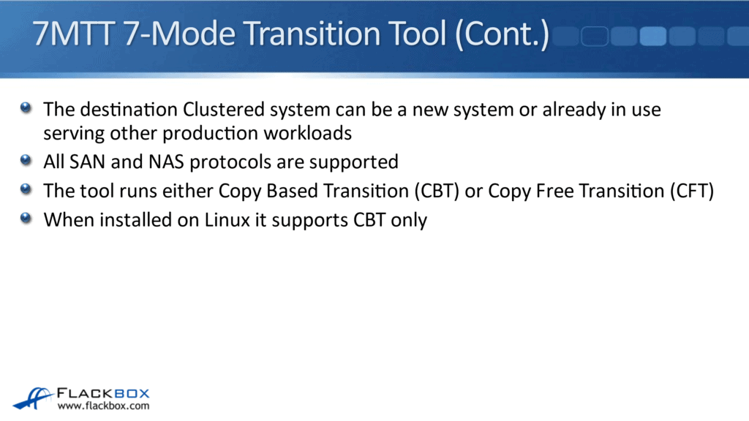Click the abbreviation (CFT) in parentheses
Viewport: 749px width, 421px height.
click(689, 191)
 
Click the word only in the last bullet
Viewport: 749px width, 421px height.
click(408, 220)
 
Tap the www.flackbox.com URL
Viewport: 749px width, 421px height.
click(103, 406)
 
